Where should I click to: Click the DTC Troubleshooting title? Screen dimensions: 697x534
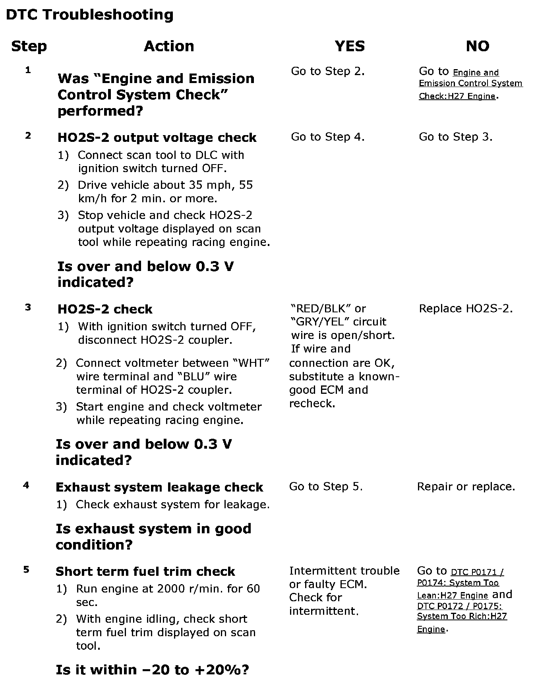(90, 15)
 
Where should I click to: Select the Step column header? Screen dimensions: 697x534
(29, 46)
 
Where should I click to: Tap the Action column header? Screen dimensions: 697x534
(169, 46)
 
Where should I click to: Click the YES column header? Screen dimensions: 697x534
(350, 46)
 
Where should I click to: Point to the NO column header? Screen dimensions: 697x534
(477, 46)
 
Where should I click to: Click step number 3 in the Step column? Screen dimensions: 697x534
(28, 307)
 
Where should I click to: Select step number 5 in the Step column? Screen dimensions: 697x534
(26, 569)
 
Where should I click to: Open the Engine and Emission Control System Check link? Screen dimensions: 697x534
(470, 84)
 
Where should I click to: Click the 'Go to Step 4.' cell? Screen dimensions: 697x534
(328, 137)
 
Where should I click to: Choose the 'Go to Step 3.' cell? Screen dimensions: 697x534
(456, 137)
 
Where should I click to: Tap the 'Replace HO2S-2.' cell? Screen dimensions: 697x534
(466, 308)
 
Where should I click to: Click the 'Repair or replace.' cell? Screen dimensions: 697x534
(466, 486)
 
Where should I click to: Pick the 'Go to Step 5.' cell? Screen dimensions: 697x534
(326, 486)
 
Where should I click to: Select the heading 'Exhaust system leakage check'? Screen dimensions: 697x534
(159, 487)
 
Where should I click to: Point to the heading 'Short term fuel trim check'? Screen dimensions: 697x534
(145, 571)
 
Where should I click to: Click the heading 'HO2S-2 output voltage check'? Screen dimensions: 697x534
(157, 137)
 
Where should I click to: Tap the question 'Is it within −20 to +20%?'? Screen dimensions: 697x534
(152, 670)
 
